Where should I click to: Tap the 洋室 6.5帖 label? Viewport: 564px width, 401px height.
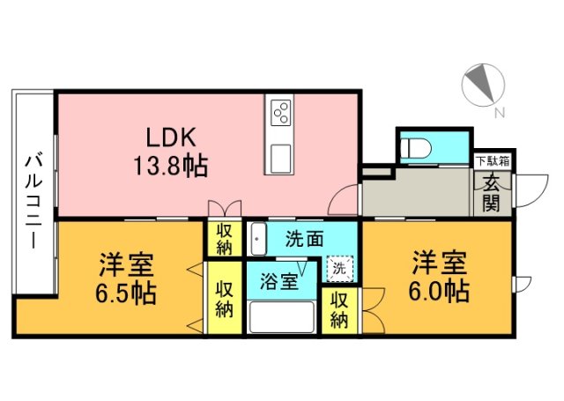(x=127, y=277)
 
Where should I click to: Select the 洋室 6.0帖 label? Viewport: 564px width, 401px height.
(x=438, y=275)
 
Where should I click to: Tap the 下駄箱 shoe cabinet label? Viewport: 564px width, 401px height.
(x=493, y=160)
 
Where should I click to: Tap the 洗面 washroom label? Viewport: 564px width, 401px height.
(x=302, y=239)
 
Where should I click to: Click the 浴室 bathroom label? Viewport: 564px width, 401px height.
(x=278, y=282)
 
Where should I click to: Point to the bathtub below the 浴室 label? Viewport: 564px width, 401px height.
(x=281, y=316)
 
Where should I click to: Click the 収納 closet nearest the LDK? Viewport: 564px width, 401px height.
(x=225, y=238)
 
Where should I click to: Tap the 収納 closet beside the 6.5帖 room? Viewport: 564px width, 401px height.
(x=224, y=299)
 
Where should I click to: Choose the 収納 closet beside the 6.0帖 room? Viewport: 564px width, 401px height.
(x=340, y=309)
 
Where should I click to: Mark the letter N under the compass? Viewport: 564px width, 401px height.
(x=500, y=113)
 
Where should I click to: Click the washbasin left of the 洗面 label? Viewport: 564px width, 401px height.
(x=258, y=238)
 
